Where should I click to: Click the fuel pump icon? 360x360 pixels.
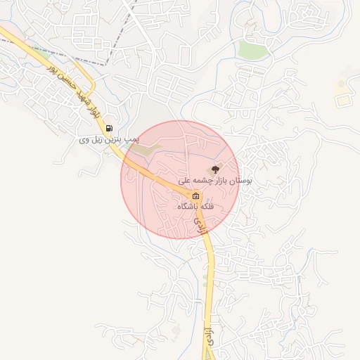tap(109, 128)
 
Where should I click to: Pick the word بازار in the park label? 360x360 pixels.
tap(217, 181)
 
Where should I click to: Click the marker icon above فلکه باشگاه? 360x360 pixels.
tap(195, 196)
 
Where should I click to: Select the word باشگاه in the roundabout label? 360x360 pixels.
tap(188, 207)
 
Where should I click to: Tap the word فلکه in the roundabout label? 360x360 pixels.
tap(207, 207)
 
